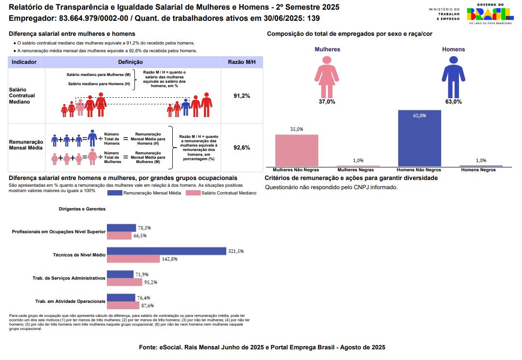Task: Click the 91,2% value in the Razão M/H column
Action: coord(241,96)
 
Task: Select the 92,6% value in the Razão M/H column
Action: coord(241,148)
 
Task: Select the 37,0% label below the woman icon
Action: coord(327,102)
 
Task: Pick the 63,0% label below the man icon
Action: coord(453,102)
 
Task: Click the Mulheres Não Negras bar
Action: coord(297,150)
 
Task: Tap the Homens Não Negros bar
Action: coord(419,138)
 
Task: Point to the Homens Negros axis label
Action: coord(478,170)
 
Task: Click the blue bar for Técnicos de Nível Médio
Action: coord(166,251)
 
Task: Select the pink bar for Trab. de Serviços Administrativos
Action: coord(124,282)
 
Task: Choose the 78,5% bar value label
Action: coord(144,227)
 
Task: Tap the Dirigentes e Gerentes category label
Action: coord(82,209)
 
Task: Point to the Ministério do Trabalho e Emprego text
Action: coord(444,14)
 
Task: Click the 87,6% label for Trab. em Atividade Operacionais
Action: coord(147,305)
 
